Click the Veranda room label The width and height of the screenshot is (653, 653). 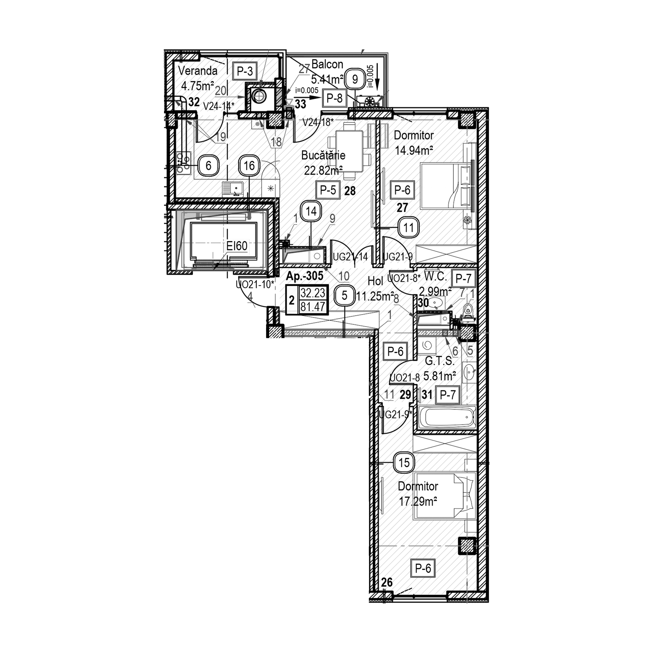coord(198,71)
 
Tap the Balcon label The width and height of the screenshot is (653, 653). coord(327,64)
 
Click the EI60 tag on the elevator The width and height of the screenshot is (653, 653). coord(237,246)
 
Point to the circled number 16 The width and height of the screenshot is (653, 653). coord(249,166)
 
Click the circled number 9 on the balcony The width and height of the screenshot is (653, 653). coord(355,79)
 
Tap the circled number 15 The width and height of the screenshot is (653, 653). coord(404,462)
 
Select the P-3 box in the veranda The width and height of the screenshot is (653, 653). coord(245,72)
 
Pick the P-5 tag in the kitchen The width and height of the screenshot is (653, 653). coord(328,190)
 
